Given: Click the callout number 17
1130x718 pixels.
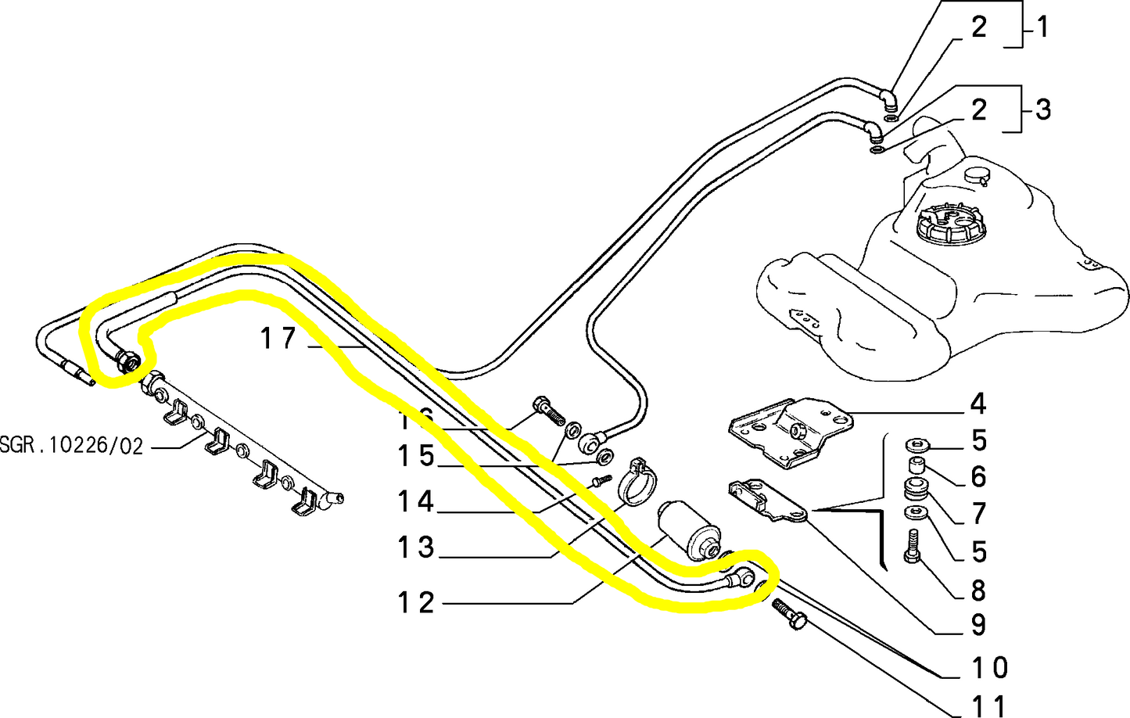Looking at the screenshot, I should click(278, 339).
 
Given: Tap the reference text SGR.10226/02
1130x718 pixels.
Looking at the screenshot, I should click(72, 447).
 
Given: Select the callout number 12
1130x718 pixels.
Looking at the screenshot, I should click(415, 603).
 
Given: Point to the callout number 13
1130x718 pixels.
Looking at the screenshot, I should click(415, 547).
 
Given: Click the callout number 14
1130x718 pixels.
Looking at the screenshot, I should click(415, 501).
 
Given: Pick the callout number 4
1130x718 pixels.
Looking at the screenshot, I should click(978, 404).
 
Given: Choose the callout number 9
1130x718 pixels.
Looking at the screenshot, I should click(978, 625).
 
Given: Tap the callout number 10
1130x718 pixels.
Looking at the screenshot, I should click(989, 668).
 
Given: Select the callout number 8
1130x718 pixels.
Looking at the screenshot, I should click(978, 590).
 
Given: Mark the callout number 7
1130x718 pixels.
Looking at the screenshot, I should click(978, 514).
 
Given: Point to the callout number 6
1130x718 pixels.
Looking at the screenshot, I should click(978, 476).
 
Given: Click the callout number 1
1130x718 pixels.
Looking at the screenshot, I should click(1042, 27).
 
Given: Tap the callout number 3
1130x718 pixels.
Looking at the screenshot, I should click(1042, 109).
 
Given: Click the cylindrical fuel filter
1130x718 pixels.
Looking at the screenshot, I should click(687, 529).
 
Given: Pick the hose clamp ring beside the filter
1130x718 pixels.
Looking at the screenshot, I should click(637, 483).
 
